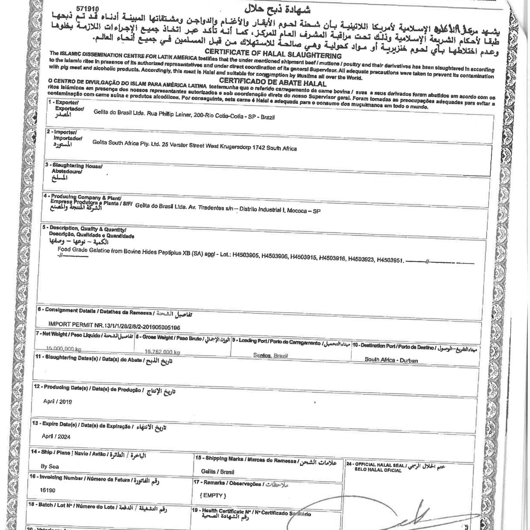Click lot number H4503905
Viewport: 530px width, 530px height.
point(244,255)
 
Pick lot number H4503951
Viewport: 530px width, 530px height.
point(390,260)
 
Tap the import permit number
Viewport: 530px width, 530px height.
point(114,328)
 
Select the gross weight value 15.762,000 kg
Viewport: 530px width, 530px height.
point(162,352)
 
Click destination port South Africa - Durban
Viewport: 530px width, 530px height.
point(391,359)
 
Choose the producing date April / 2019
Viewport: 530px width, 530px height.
point(58,401)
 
